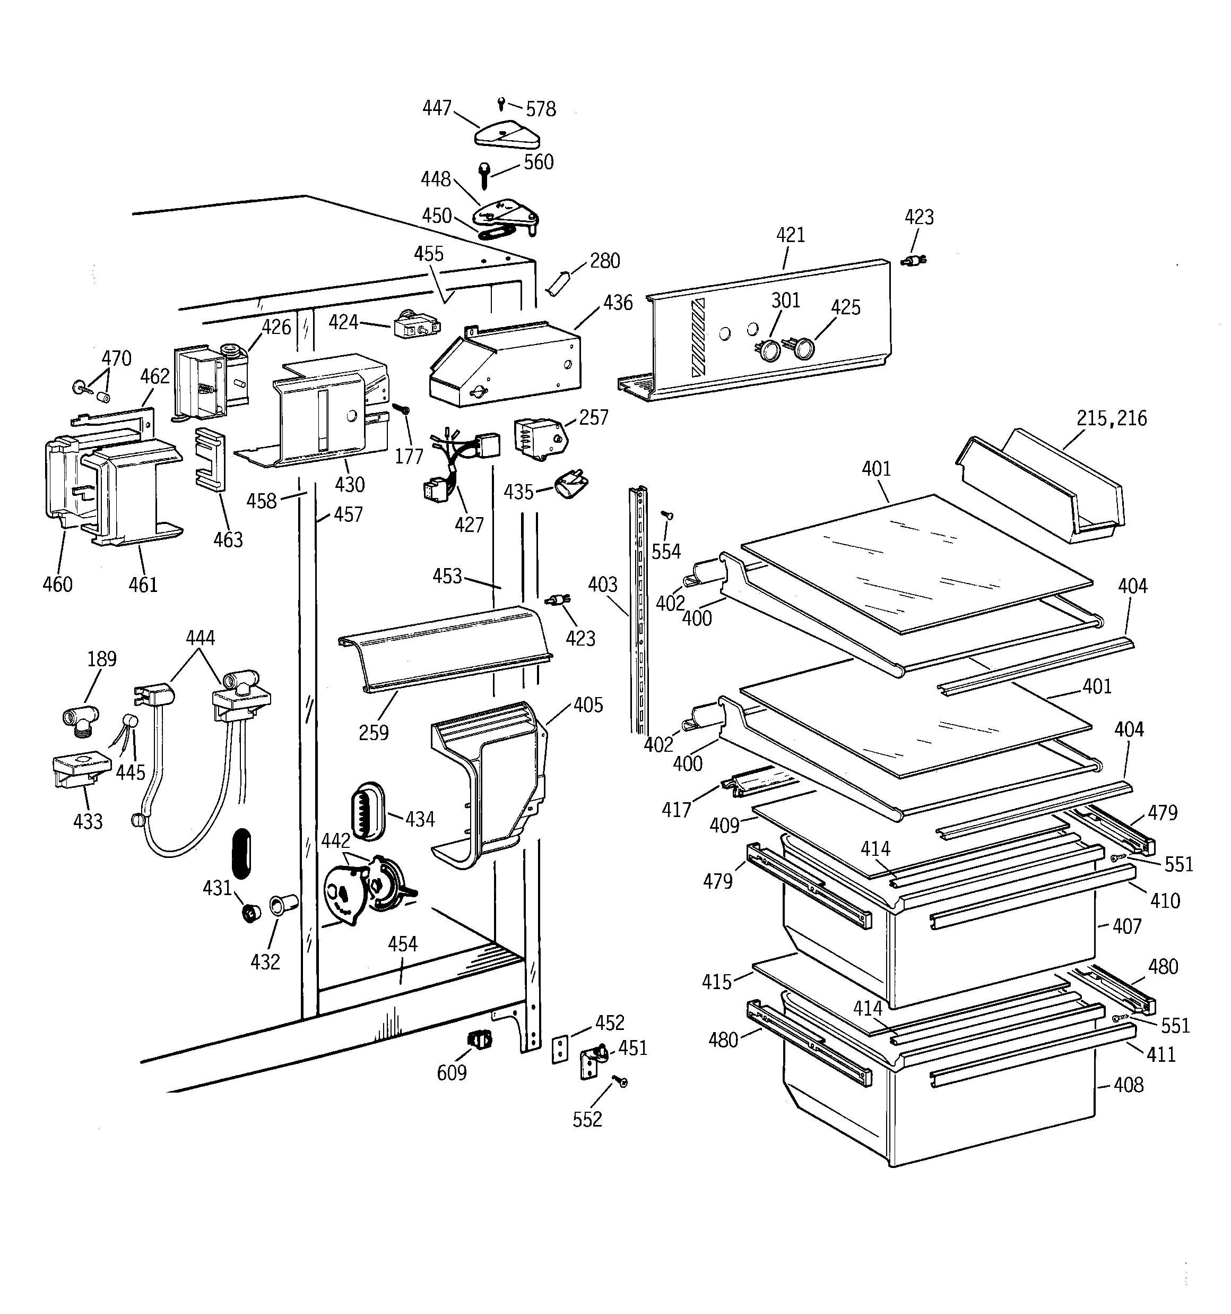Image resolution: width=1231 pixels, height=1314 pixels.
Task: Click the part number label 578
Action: click(x=541, y=109)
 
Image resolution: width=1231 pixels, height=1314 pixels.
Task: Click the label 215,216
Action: click(x=1112, y=418)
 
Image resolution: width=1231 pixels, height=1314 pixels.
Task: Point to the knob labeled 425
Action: click(x=804, y=348)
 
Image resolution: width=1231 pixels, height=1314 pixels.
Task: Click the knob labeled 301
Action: click(x=767, y=350)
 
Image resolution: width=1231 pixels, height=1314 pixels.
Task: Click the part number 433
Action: click(x=88, y=821)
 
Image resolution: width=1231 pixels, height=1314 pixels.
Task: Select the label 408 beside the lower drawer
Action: click(x=1128, y=1085)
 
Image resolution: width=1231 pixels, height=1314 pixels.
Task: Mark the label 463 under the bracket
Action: click(x=228, y=540)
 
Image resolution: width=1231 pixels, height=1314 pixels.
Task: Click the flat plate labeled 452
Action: click(x=560, y=1050)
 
